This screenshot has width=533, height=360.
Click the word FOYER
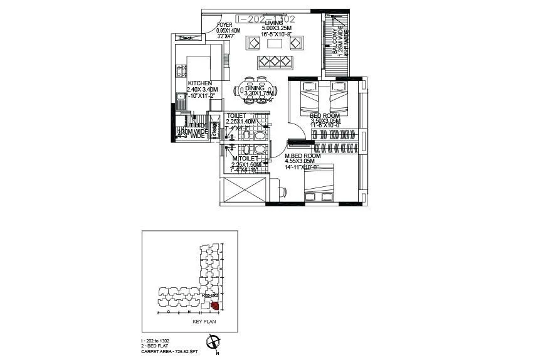pos(224,24)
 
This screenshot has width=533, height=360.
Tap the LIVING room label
pos(274,23)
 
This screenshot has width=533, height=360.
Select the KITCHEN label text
pos(199,83)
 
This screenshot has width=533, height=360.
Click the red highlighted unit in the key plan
pos(215,306)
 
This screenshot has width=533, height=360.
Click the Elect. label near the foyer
pos(186,39)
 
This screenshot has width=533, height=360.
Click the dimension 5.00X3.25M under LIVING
pos(277,29)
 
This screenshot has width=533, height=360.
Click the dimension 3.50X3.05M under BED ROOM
pos(325,121)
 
